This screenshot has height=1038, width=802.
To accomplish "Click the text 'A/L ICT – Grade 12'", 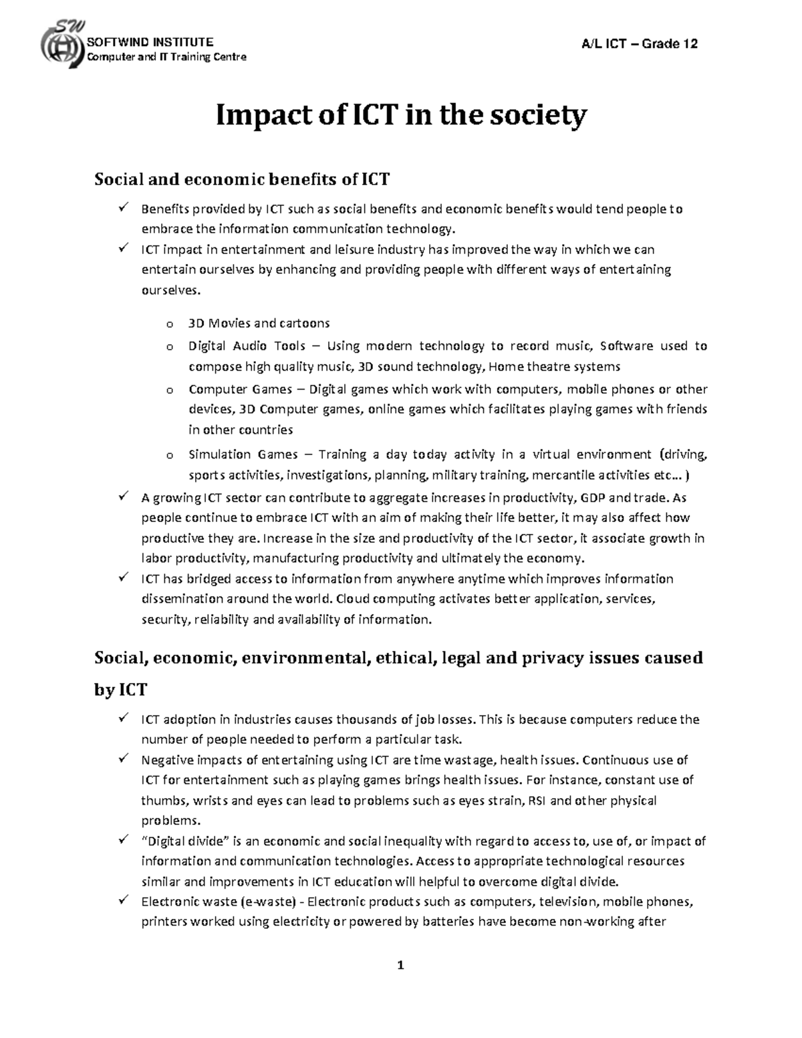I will click(640, 44).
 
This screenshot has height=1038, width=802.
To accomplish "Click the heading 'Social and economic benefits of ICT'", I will click(241, 179).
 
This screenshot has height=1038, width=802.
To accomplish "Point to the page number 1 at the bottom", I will click(400, 965).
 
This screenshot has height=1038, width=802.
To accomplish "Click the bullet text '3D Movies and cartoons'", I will click(259, 323).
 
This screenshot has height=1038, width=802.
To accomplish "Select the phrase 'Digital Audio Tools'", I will click(247, 346).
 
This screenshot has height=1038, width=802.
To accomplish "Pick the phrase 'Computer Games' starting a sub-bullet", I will click(240, 390).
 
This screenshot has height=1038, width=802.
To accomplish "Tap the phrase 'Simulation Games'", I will click(243, 455).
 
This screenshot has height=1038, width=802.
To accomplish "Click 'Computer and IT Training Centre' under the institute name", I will click(167, 57).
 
